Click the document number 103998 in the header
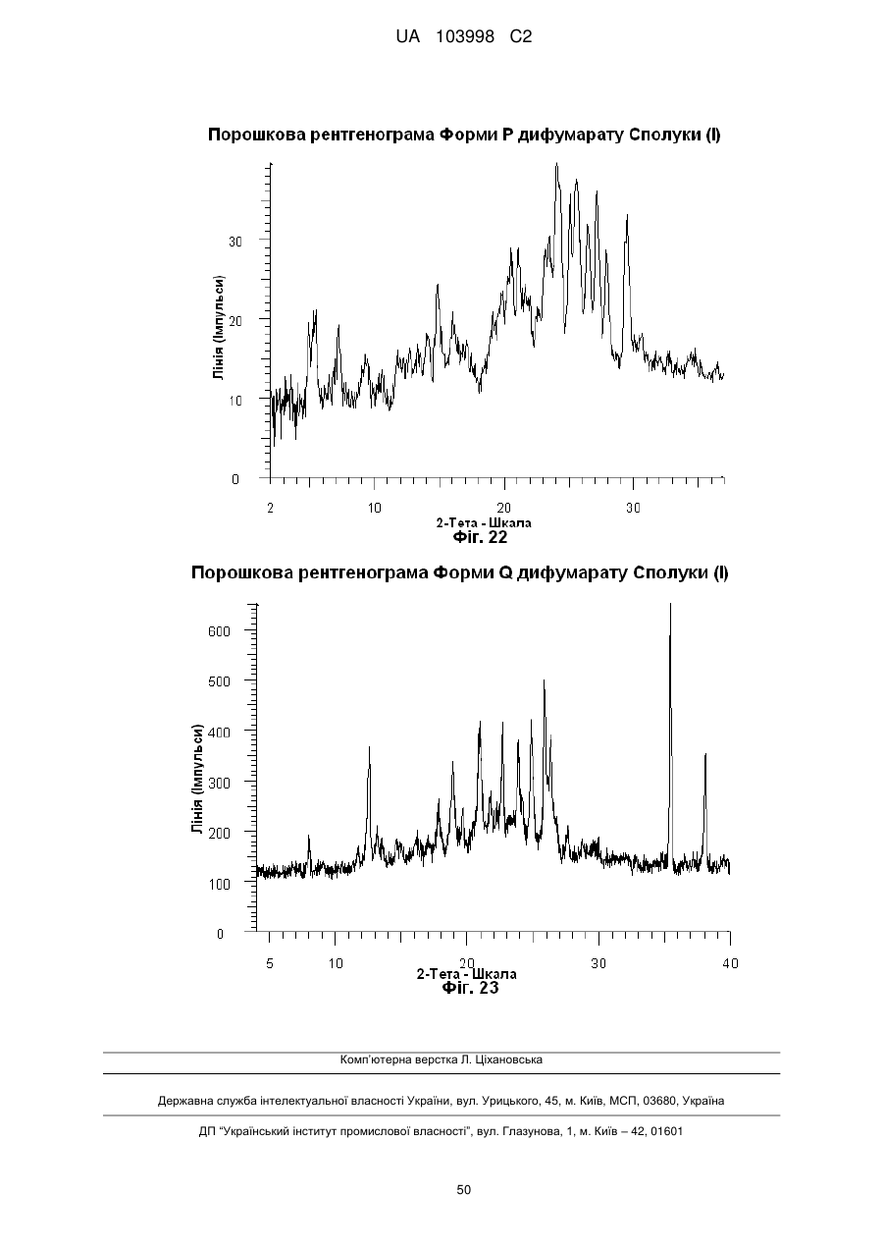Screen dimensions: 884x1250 point(465,37)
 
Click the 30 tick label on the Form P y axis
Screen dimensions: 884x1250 point(235,242)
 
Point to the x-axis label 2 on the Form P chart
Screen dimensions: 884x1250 point(271,508)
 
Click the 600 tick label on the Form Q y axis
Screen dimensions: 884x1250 point(219,631)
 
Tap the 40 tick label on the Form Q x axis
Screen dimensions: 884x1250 point(730,963)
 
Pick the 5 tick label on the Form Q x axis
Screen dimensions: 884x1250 point(270,963)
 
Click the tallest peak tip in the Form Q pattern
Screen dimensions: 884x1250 point(670,604)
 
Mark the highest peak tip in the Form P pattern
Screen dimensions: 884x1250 point(556,164)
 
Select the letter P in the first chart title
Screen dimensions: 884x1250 point(507,135)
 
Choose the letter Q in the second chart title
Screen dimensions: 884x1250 point(506,573)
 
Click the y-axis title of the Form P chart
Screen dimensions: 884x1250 point(219,328)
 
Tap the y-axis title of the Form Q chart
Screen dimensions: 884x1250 point(197,780)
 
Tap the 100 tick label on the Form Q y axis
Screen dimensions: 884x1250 point(219,884)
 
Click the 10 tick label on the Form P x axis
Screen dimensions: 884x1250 point(374,508)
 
